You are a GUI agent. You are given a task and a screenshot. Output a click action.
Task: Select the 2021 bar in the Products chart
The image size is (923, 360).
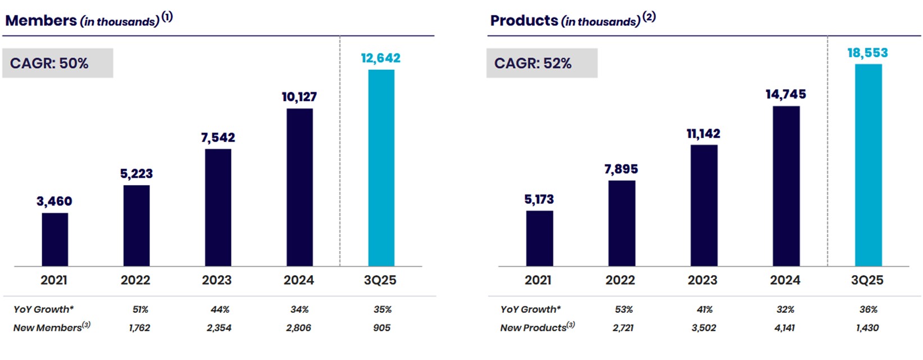coord(539,238)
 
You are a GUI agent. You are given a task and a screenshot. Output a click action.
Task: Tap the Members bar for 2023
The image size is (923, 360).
coord(218,207)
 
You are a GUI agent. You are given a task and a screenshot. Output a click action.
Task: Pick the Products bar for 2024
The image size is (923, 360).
coord(786,186)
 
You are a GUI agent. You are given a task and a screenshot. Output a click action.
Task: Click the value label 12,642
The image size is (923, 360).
coord(380,58)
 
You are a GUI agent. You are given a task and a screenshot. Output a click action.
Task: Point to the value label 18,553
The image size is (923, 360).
coord(867,53)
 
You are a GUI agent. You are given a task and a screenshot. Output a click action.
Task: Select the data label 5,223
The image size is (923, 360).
coord(137,174)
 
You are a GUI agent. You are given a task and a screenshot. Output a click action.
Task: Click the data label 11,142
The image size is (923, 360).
coord(703,134)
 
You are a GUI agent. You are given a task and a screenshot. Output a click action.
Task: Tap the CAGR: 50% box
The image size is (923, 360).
coord(57,63)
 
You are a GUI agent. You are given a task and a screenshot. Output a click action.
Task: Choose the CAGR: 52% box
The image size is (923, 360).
coord(542,63)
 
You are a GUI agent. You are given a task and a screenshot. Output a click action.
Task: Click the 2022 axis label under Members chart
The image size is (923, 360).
coord(135,280)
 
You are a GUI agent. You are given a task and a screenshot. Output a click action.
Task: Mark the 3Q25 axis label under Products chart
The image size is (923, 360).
coord(867,280)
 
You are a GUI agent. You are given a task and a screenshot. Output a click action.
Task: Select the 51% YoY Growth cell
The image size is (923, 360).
coord(140,309)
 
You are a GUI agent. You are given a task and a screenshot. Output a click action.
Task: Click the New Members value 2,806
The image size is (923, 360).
coord(298,327)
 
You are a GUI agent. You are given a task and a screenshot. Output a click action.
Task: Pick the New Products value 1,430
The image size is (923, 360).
coord(867,327)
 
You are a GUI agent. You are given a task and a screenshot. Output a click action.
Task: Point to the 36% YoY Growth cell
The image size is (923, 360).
coord(869,309)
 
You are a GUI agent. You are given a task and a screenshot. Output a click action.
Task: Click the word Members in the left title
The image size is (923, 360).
coord(41,21)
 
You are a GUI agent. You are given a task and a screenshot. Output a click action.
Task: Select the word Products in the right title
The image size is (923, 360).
coord(524,21)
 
